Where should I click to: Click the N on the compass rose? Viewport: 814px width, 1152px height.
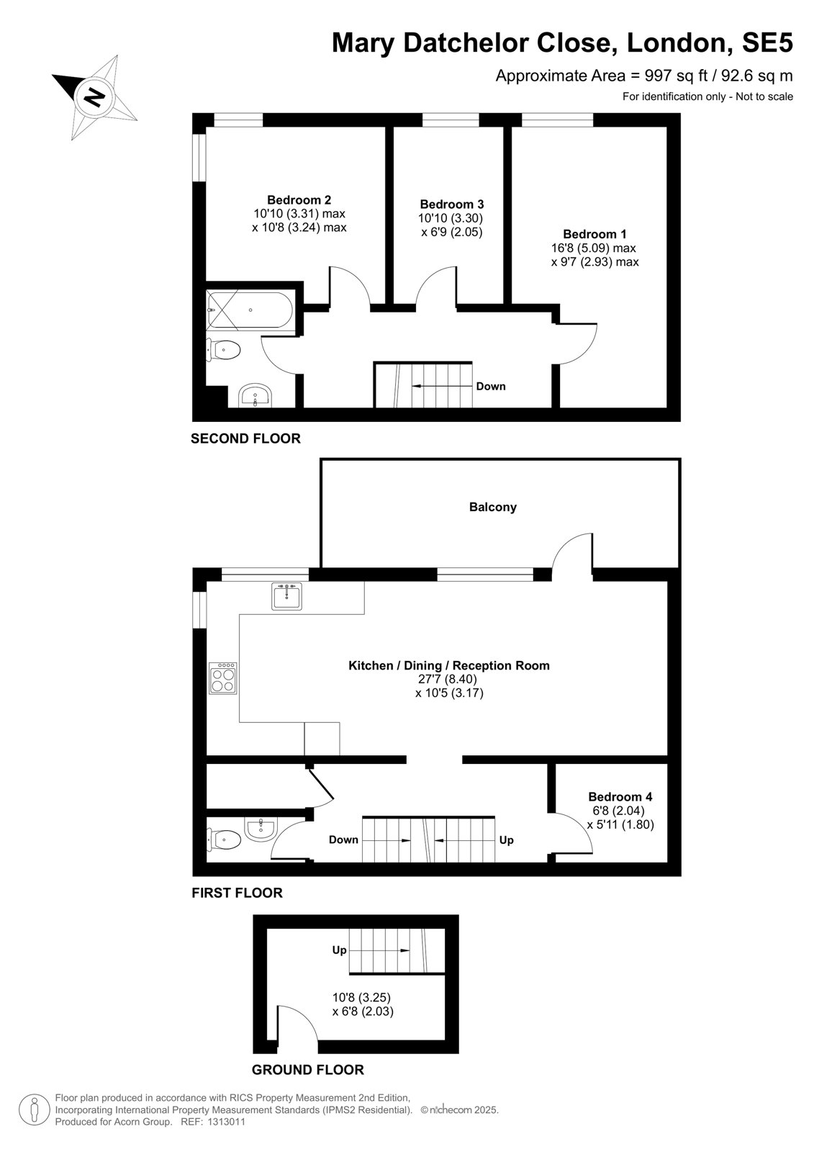pos(94,96)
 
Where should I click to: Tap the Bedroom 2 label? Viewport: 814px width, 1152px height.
pos(299,199)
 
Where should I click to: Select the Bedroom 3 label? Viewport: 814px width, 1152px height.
pos(451,204)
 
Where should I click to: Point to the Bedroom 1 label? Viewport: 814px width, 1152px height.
pos(594,234)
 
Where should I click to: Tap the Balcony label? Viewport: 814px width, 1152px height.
pos(492,507)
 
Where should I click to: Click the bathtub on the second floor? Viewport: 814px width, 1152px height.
pos(250,310)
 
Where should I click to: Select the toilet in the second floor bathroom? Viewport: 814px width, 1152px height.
pos(224,350)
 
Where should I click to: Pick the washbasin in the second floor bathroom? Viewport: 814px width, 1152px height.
pos(255,395)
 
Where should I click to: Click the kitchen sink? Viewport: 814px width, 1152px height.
pos(287,596)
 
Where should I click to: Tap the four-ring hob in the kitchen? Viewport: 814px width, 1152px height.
pos(223,678)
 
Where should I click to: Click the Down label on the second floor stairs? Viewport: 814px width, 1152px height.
pos(491,386)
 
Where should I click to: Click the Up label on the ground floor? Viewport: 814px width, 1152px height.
pos(339,950)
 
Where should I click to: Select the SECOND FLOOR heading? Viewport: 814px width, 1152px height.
pos(245,438)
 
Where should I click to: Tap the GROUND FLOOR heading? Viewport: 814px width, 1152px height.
pos(307,1070)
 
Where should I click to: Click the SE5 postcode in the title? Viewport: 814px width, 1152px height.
pos(767,42)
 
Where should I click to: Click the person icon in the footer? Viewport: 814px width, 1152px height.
pos(35,1110)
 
